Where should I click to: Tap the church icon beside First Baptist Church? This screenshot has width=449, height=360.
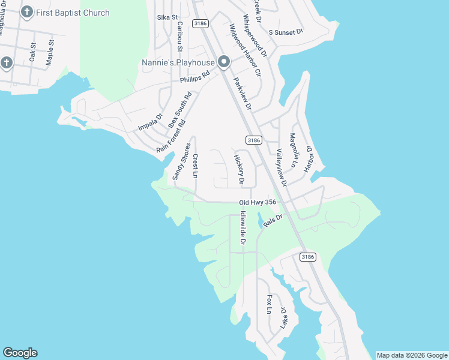27,12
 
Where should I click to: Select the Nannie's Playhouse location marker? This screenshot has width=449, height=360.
224,62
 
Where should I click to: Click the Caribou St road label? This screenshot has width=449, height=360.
179,37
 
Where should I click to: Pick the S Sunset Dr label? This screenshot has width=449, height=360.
286,31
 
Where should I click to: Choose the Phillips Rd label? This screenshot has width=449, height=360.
194,77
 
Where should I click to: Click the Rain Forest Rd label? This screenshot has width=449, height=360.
171,136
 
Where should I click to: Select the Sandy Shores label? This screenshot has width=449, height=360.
182,161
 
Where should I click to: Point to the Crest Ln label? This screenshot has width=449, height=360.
196,166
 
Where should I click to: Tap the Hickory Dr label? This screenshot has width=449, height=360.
239,169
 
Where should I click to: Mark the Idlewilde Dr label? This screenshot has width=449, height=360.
243,228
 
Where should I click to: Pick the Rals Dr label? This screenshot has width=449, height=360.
272,220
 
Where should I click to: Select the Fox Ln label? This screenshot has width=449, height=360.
269,304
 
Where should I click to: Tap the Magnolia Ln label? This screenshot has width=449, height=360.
294,150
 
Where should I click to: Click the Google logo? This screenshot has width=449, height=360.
20,353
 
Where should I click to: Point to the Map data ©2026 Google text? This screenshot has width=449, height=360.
412,355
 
